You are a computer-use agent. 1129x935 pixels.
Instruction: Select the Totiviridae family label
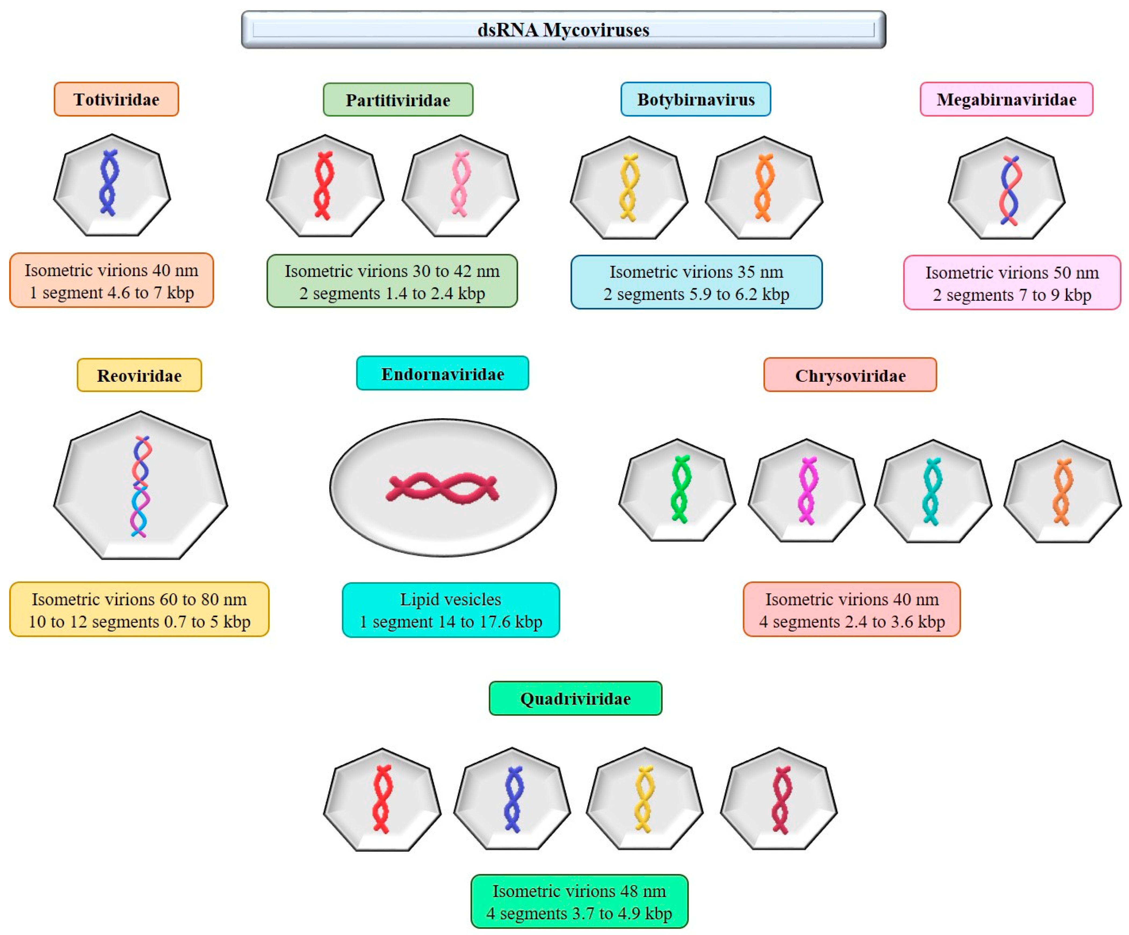point(116,99)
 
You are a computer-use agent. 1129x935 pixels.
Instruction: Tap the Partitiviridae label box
point(398,100)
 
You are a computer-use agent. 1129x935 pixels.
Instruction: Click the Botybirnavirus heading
point(696,99)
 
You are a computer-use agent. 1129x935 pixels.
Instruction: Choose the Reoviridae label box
point(139,376)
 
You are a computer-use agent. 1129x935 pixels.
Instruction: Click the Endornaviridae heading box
point(442,374)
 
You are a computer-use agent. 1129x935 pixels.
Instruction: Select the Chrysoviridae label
point(850,376)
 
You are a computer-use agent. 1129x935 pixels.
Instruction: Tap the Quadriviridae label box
point(575,698)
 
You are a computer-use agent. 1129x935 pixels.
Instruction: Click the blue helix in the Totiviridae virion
point(109,183)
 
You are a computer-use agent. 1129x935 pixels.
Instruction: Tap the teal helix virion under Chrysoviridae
point(932,491)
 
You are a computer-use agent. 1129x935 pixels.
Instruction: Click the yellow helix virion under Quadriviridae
point(644,799)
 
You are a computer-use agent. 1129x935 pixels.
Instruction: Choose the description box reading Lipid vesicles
point(450,610)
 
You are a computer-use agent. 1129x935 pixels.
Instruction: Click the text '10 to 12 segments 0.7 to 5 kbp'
point(139,621)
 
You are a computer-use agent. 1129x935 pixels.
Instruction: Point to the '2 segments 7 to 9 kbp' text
point(1012,295)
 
